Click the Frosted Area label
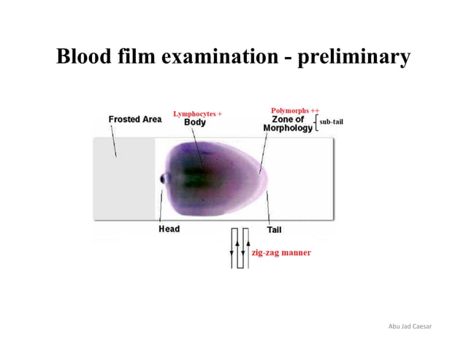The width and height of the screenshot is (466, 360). click(x=134, y=119)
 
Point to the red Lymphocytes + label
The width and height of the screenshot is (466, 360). click(x=197, y=114)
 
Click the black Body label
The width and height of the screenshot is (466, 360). click(x=194, y=123)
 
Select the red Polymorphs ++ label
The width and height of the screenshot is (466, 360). click(x=295, y=110)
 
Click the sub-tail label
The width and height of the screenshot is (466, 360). click(x=331, y=121)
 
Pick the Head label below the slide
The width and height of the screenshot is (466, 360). click(x=169, y=229)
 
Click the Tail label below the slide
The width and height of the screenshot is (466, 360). click(x=275, y=229)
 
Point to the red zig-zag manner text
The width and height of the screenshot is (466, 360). click(x=281, y=252)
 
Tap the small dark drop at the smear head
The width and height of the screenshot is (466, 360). click(x=164, y=178)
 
